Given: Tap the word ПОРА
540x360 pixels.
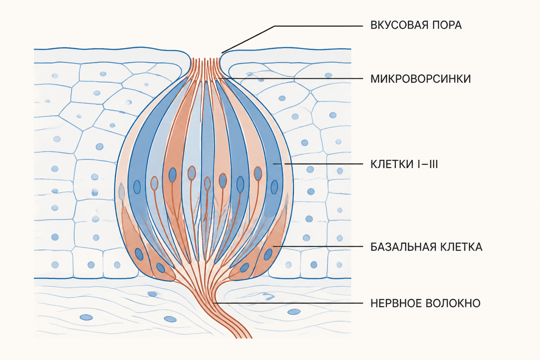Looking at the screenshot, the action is [x=447, y=25].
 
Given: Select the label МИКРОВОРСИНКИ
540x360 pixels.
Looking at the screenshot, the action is [x=421, y=79].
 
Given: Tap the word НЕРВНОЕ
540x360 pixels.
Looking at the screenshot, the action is [x=396, y=303].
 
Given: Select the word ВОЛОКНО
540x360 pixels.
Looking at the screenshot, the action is [x=453, y=303].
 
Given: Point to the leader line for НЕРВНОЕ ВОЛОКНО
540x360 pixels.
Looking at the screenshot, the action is [x=288, y=303].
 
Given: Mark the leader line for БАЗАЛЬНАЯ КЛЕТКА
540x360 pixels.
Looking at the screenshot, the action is [x=318, y=246].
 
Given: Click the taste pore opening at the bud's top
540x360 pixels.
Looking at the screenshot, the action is [x=205, y=58].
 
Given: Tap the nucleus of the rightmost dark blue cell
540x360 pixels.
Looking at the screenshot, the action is [x=274, y=187].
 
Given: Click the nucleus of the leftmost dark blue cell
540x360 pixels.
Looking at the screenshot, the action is [x=137, y=187].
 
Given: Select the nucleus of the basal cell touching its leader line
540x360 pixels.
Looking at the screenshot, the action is [x=268, y=255].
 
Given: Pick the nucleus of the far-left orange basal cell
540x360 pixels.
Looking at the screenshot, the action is [x=139, y=254].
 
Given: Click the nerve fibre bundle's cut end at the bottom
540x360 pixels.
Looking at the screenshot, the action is [x=244, y=337].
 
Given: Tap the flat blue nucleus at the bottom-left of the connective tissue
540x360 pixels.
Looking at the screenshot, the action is [x=86, y=317].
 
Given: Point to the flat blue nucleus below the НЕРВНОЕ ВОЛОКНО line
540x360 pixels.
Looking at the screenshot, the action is [x=294, y=312].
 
